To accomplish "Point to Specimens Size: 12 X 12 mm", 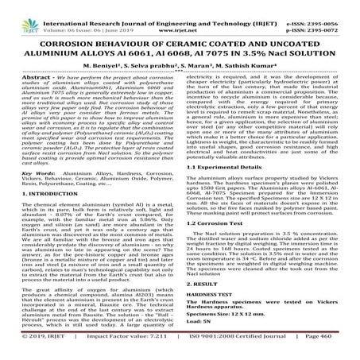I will [x=225, y=334].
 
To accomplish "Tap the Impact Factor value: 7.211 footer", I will [x=111, y=354].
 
